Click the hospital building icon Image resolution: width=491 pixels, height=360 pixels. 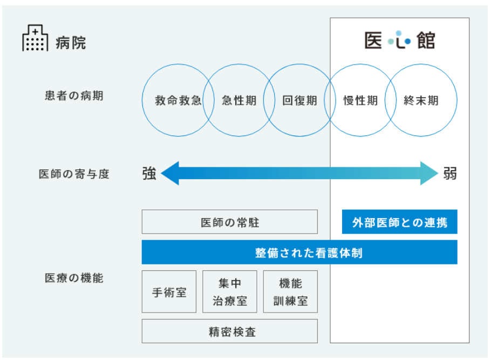pyautogui.click(x=35, y=38)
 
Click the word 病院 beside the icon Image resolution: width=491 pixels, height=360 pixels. pyautogui.click(x=71, y=43)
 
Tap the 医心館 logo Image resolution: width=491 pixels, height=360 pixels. pyautogui.click(x=400, y=40)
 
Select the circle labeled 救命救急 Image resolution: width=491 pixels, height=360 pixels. pyautogui.click(x=142, y=100)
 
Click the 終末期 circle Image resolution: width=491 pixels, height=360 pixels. pyautogui.click(x=457, y=100)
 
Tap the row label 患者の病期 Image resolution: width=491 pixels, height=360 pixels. pyautogui.click(x=74, y=96)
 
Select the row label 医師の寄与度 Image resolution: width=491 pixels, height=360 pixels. pyautogui.click(x=74, y=174)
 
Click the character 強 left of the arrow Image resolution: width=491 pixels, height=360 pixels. pyautogui.click(x=149, y=173)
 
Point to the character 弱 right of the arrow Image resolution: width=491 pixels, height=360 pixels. pyautogui.click(x=450, y=173)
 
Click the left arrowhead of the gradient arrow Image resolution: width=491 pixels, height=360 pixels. pyautogui.click(x=170, y=173)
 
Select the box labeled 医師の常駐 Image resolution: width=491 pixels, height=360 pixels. pyautogui.click(x=229, y=222)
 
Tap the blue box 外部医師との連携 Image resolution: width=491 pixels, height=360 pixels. pyautogui.click(x=400, y=222)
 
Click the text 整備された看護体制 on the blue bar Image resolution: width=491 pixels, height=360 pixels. pyautogui.click(x=309, y=253)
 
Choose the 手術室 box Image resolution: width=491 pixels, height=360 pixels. pyautogui.click(x=169, y=291)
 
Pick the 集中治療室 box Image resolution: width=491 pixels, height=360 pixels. pyautogui.click(x=229, y=291)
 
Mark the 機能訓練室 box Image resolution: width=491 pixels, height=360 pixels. pyautogui.click(x=290, y=291)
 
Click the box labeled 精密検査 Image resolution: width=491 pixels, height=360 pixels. pyautogui.click(x=229, y=331)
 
